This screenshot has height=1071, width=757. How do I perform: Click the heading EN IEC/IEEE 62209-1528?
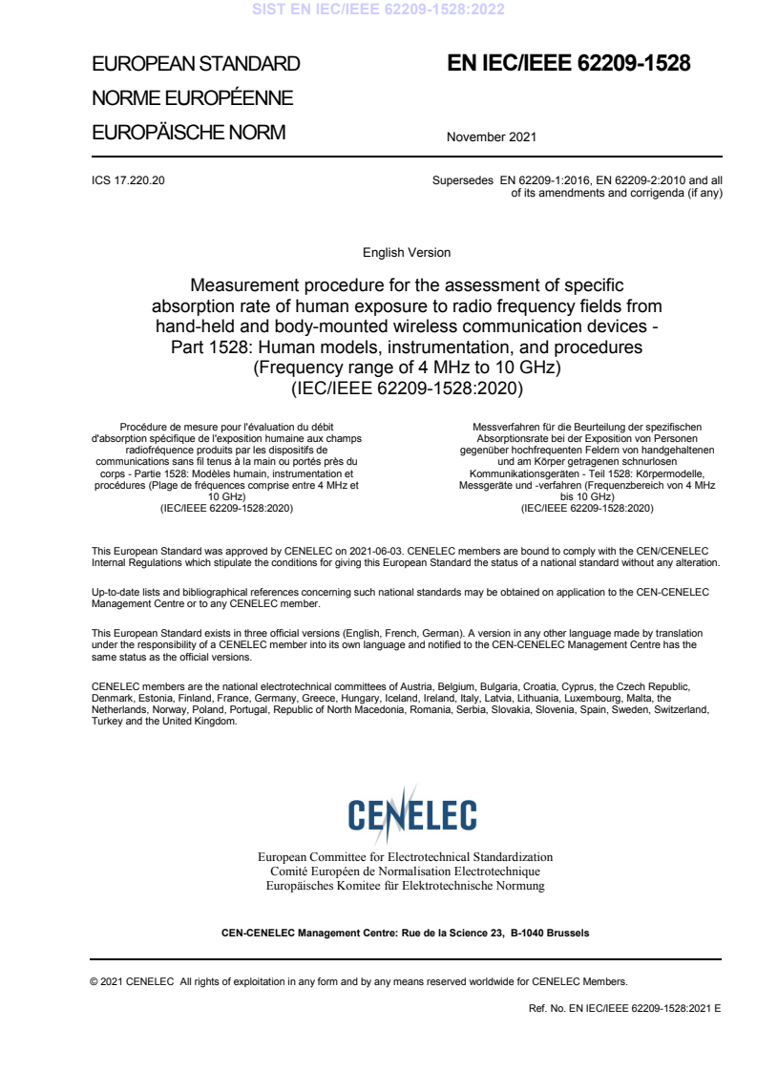click(569, 64)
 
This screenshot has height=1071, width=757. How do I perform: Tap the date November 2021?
click(491, 136)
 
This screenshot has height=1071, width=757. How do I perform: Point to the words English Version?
click(407, 253)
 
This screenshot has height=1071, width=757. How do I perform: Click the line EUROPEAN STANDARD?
click(196, 65)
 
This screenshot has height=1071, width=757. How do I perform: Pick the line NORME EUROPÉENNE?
click(192, 98)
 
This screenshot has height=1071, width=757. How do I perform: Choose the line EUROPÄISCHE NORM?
click(188, 133)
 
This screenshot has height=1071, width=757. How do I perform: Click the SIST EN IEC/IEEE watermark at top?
click(378, 10)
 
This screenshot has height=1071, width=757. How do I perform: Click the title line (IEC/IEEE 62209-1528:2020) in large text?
click(407, 388)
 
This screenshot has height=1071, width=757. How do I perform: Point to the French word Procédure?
click(143, 425)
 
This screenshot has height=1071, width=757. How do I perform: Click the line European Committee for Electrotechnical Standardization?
click(406, 857)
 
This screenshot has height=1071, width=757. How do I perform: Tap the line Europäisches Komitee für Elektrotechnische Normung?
click(406, 886)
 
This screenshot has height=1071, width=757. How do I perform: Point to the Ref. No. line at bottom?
click(624, 1008)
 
